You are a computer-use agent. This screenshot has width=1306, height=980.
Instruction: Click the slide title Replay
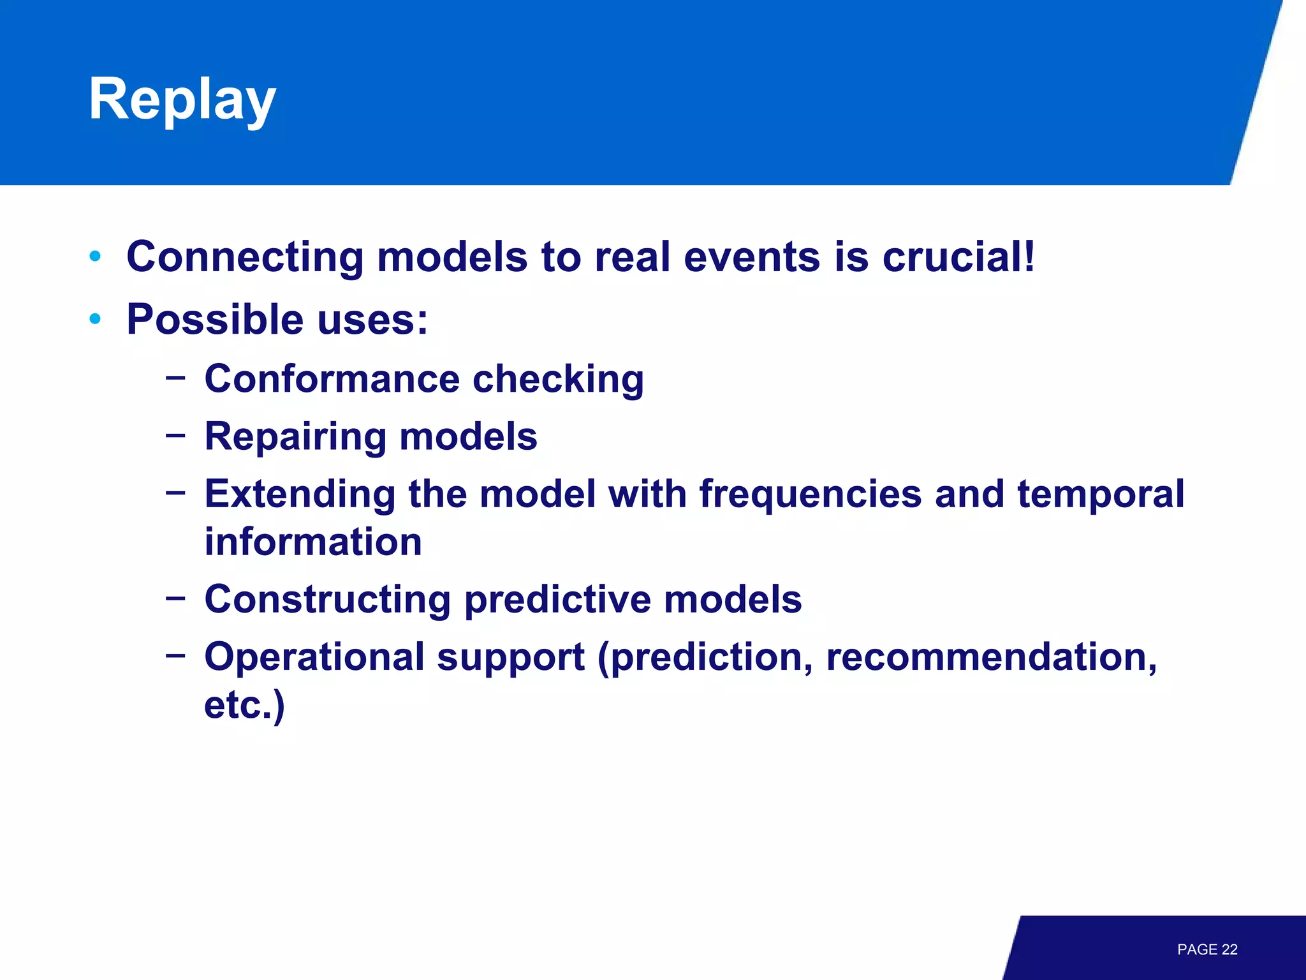182,100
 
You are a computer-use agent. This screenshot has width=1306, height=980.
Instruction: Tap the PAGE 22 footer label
1207,949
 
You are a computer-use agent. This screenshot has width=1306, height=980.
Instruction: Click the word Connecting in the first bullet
245,257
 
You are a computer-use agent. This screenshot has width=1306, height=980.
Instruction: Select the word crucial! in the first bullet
958,257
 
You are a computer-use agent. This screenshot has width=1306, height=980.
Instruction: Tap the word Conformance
332,379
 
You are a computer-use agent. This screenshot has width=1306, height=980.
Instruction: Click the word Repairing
295,438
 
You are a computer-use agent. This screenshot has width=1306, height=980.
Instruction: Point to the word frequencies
810,495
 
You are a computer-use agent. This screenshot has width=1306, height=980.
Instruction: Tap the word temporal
1101,495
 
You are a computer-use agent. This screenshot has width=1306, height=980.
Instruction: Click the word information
313,542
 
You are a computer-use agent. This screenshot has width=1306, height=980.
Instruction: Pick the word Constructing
327,600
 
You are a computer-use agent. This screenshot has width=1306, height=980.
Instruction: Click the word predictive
557,600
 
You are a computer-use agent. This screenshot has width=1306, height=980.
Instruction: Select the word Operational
314,657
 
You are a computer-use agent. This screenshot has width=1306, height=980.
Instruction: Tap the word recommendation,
991,657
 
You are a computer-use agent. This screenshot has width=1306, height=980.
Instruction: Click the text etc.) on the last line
244,706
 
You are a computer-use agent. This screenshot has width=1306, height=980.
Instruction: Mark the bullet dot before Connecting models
96,256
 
